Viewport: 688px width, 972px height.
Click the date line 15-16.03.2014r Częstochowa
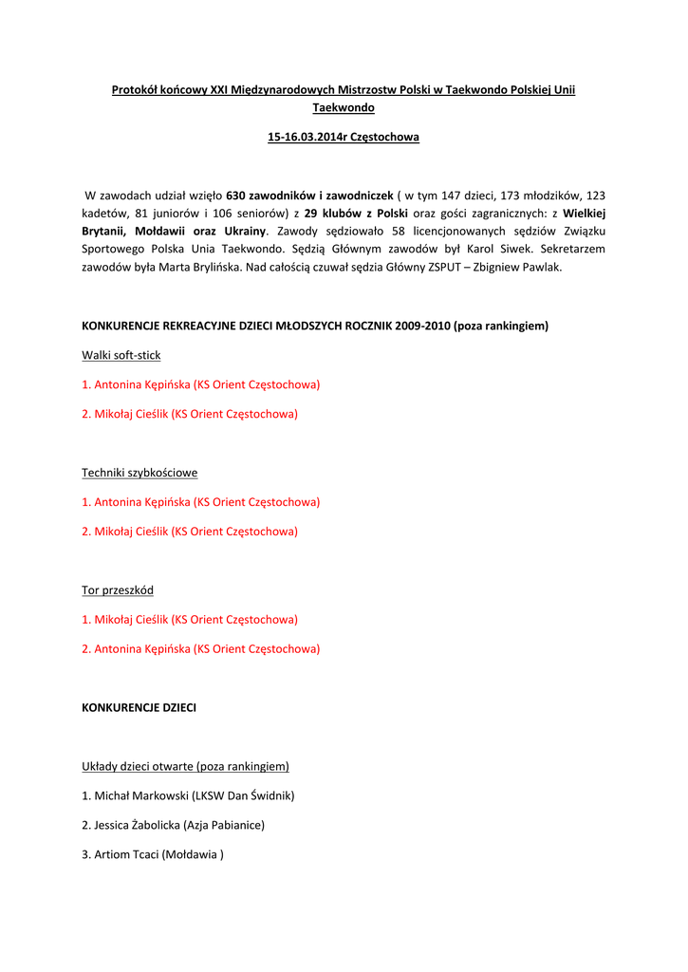point(343,137)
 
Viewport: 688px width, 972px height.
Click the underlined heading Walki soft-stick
point(121,355)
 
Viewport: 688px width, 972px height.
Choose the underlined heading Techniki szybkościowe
point(139,473)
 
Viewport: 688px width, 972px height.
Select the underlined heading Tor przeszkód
point(118,590)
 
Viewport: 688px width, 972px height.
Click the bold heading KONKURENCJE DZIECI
point(139,707)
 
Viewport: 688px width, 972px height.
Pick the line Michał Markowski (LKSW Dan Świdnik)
point(188,795)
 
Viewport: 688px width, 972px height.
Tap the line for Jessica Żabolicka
point(173,825)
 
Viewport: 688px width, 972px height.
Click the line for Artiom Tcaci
point(153,854)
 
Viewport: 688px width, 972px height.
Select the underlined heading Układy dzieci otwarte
point(185,766)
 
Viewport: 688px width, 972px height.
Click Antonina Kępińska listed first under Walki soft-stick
point(200,384)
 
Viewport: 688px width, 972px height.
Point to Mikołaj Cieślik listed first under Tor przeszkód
point(190,619)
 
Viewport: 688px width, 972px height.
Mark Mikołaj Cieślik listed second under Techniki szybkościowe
point(190,532)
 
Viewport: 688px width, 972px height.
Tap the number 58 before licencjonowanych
point(399,231)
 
